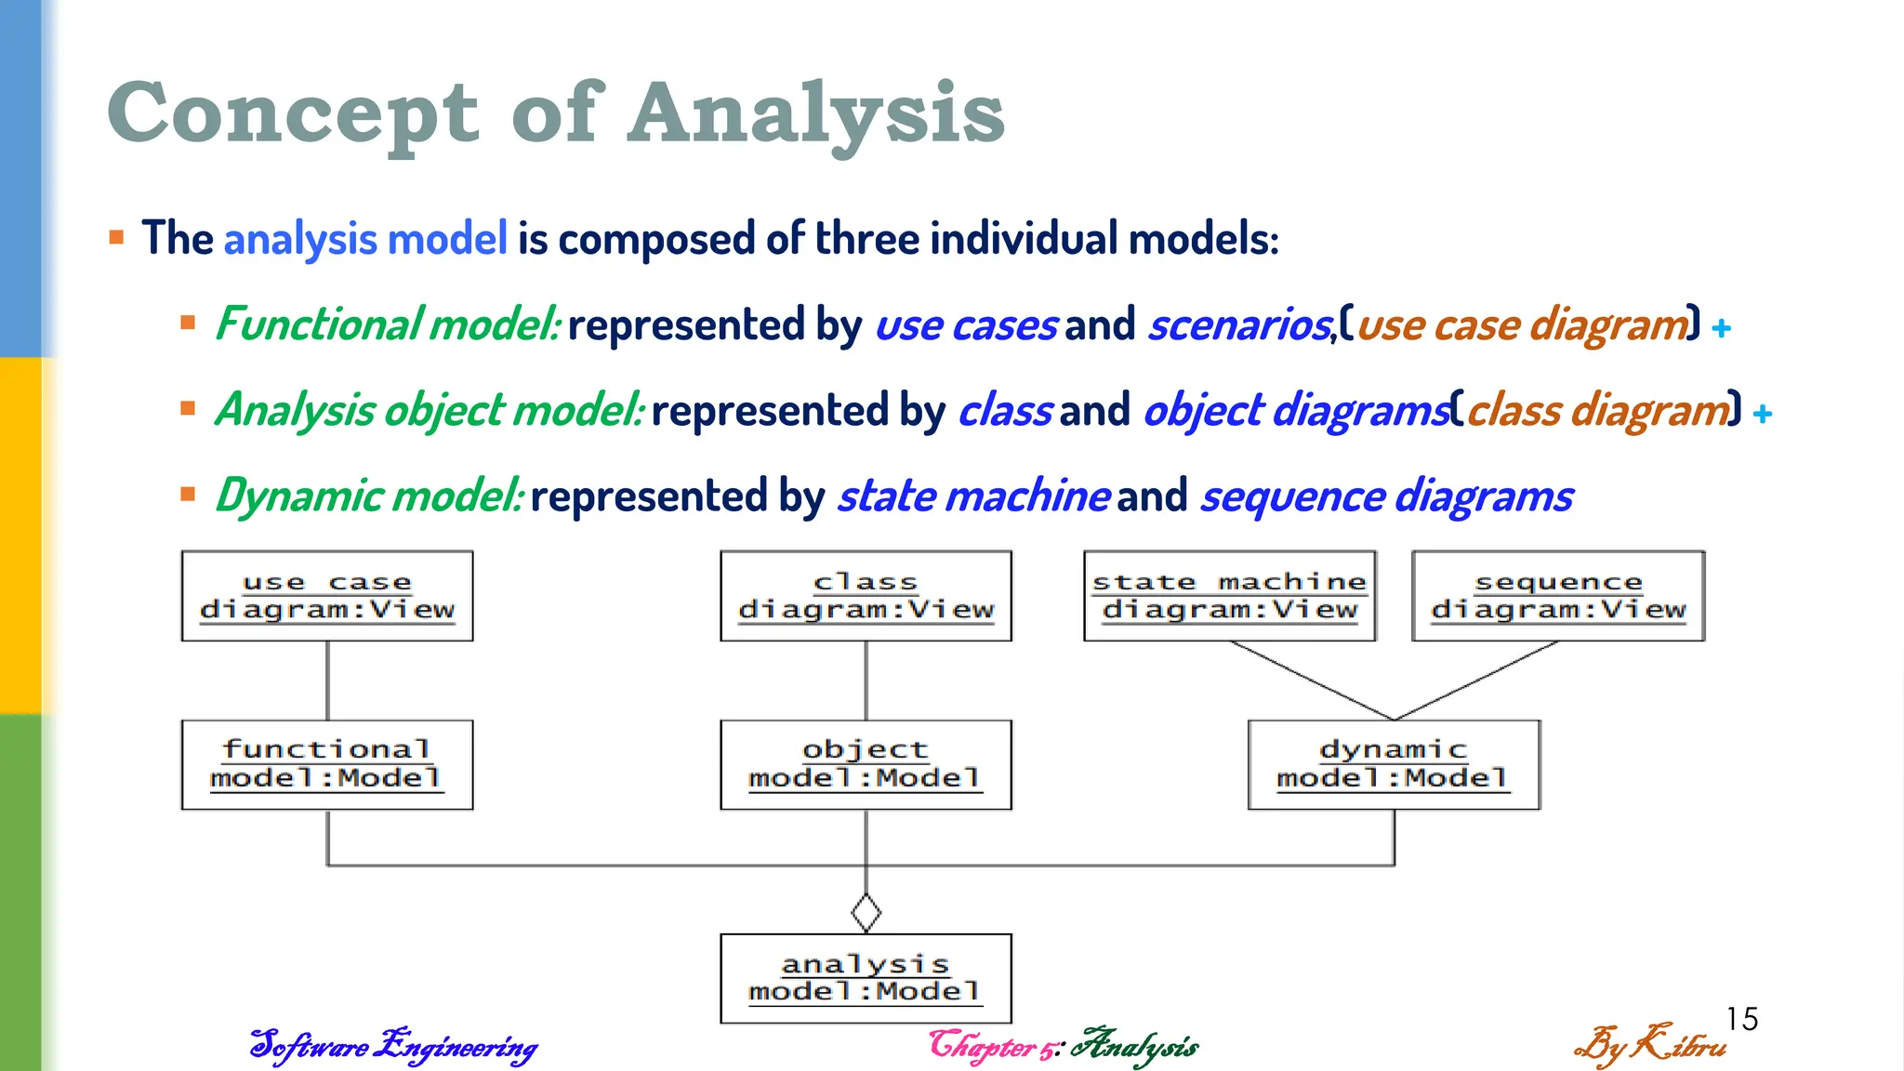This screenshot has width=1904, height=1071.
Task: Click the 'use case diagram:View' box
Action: click(x=327, y=596)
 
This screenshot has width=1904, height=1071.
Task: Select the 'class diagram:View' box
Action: click(x=866, y=596)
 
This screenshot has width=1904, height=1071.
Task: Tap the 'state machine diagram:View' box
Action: click(x=1229, y=596)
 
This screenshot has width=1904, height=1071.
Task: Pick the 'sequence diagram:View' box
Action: click(x=1558, y=596)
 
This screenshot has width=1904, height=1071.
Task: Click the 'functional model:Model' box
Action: click(x=327, y=764)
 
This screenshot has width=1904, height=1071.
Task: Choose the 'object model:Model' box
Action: click(x=866, y=764)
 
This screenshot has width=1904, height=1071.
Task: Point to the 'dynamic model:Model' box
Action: click(x=1394, y=764)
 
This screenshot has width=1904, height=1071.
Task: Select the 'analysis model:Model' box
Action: click(x=866, y=978)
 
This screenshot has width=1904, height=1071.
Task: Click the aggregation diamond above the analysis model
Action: click(x=866, y=913)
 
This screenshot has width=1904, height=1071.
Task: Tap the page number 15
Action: click(x=1742, y=1019)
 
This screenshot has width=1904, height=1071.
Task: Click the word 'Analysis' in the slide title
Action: click(x=816, y=113)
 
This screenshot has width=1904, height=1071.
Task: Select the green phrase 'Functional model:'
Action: click(x=388, y=324)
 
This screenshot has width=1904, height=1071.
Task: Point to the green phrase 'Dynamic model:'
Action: click(x=369, y=496)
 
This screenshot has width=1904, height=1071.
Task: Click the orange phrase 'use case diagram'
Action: click(x=1522, y=325)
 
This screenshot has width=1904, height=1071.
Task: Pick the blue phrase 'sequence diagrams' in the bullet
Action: click(x=1386, y=496)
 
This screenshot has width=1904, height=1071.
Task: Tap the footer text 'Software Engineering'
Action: click(x=393, y=1046)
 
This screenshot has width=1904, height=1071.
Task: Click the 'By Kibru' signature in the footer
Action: click(x=1649, y=1045)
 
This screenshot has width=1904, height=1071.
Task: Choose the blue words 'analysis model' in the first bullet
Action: click(x=365, y=239)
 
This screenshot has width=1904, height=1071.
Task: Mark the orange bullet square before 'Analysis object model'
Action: click(x=188, y=408)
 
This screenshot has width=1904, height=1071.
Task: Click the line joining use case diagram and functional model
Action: click(x=327, y=681)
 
